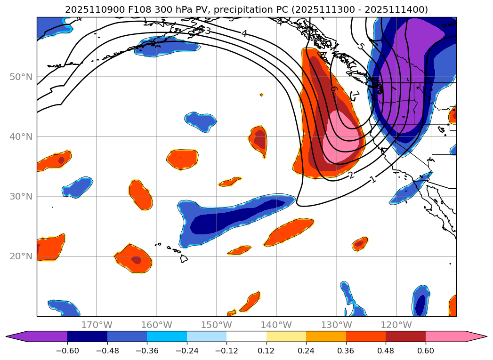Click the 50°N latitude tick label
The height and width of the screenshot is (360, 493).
22,77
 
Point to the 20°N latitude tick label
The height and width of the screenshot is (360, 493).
22,256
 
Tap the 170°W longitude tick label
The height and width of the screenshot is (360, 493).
97,325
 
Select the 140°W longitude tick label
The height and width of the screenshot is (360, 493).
276,325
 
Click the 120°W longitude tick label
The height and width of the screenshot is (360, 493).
396,325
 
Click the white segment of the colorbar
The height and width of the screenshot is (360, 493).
246,336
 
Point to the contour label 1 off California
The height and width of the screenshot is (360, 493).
373,179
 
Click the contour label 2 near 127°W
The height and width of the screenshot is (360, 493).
351,176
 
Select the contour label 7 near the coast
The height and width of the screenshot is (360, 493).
356,96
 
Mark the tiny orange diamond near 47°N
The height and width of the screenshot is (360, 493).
261,95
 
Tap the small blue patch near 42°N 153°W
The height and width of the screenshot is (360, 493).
201,120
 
